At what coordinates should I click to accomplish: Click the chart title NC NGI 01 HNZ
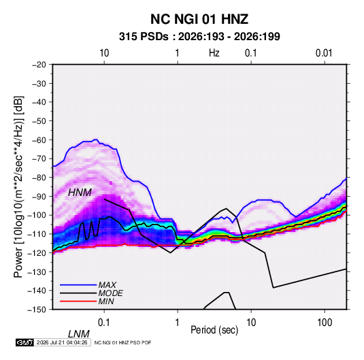tap(199, 19)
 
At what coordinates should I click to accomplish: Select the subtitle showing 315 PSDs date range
tap(199, 37)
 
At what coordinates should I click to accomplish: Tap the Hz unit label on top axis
tap(214, 53)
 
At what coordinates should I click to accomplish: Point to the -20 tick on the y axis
tap(39, 65)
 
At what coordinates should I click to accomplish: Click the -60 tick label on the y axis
tap(39, 140)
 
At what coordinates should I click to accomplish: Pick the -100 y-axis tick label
tap(37, 215)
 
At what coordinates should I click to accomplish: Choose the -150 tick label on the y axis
tap(37, 310)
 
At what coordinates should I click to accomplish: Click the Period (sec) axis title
tap(214, 330)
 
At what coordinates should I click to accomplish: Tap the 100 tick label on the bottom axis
tap(325, 323)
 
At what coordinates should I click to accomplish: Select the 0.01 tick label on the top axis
tap(324, 53)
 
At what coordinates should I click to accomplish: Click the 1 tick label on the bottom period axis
tap(178, 323)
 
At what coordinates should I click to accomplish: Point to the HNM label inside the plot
tap(80, 193)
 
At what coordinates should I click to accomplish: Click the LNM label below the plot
tap(78, 334)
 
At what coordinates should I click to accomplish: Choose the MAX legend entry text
tap(107, 285)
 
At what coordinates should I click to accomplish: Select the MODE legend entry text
tap(110, 293)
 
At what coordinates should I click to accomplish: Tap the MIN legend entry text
tap(106, 301)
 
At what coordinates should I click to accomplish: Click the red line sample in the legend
tap(78, 301)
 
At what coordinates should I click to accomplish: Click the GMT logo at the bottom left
tap(25, 342)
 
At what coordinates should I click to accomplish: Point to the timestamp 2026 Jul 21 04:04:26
tap(62, 342)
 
